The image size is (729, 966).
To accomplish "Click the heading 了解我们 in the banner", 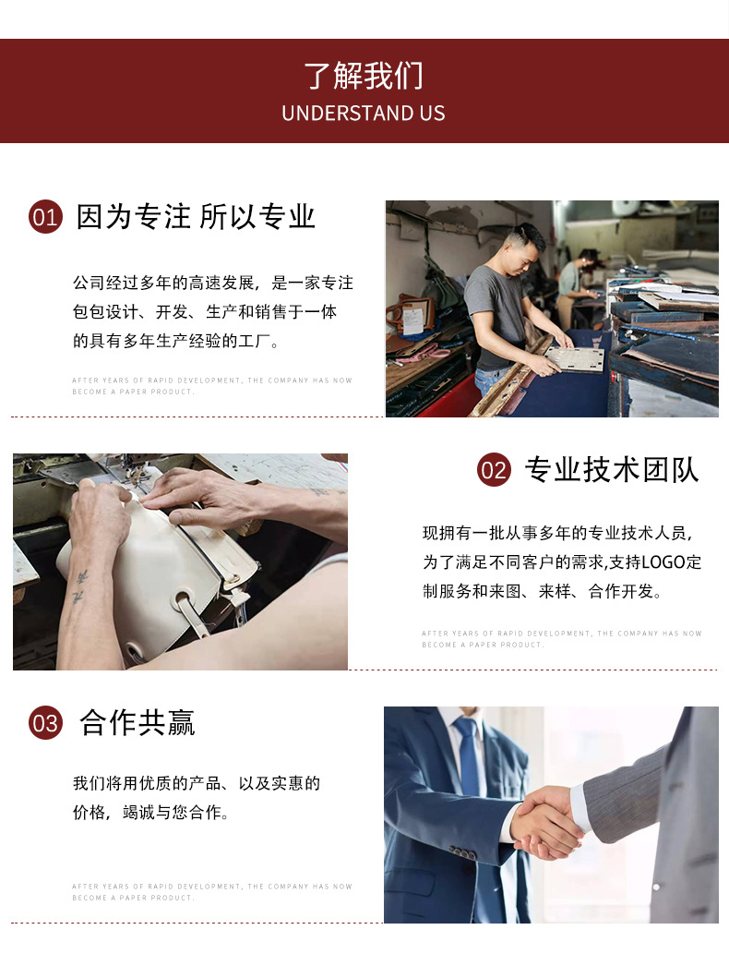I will pyautogui.click(x=364, y=76).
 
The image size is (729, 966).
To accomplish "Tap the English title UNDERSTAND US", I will pyautogui.click(x=364, y=114).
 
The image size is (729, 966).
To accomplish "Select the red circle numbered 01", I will pyautogui.click(x=45, y=217).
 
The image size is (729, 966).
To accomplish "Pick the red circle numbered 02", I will pyautogui.click(x=494, y=470).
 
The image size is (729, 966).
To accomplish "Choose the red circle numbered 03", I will pyautogui.click(x=45, y=723).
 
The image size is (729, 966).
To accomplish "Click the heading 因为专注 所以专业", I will pyautogui.click(x=196, y=217).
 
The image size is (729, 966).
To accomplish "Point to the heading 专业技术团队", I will pyautogui.click(x=612, y=470).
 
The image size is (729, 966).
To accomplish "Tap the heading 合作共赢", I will pyautogui.click(x=137, y=723).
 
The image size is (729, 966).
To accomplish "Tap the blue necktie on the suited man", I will pyautogui.click(x=469, y=757).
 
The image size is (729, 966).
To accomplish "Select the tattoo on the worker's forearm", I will pyautogui.click(x=78, y=586).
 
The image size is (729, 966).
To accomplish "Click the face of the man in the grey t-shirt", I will pyautogui.click(x=530, y=248).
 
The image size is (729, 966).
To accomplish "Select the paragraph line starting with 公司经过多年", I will pyautogui.click(x=213, y=283).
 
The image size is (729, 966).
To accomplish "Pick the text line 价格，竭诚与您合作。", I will pyautogui.click(x=151, y=814).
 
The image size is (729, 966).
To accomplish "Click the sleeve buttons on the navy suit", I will pyautogui.click(x=461, y=853).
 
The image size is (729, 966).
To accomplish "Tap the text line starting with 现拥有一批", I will pyautogui.click(x=557, y=533).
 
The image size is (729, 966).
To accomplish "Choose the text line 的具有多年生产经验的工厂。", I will pyautogui.click(x=176, y=341).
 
